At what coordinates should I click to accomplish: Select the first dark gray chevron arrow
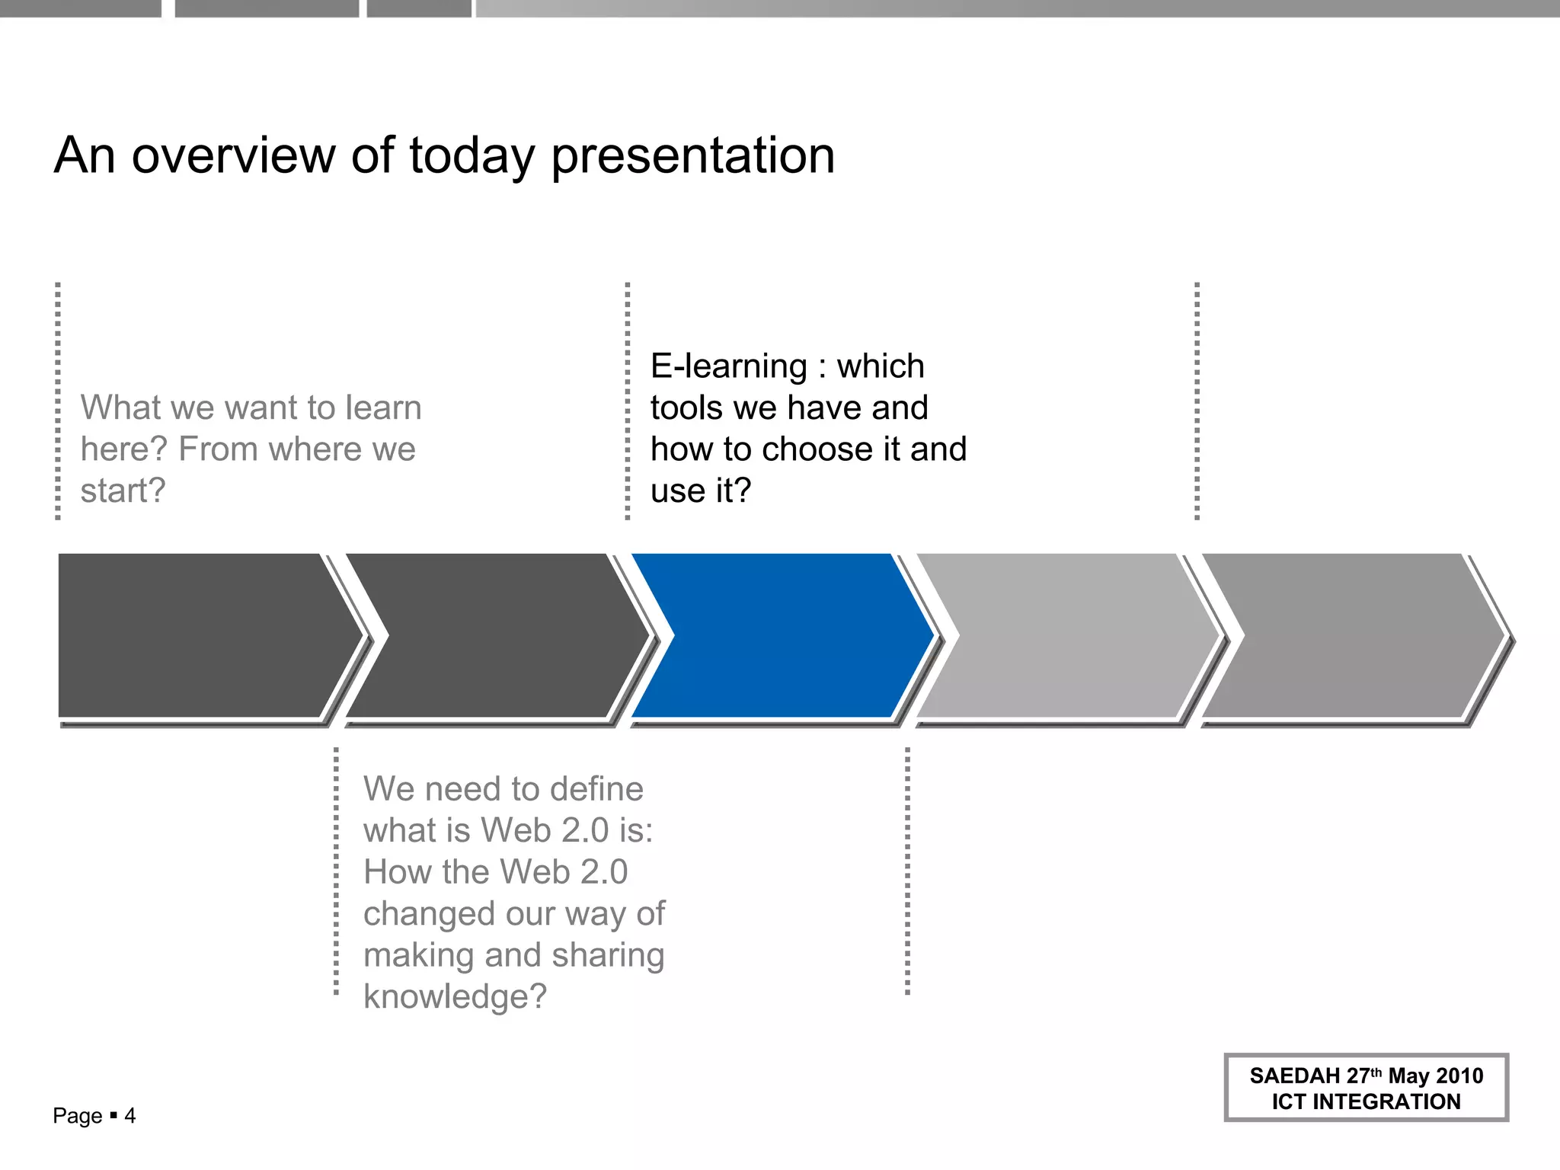pos(198,636)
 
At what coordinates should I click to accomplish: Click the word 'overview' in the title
pos(233,155)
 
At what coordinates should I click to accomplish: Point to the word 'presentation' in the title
pos(692,157)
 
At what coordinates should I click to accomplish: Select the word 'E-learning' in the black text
pos(728,366)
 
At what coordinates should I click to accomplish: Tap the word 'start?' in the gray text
pos(123,491)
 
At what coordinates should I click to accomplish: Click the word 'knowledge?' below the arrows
pos(455,996)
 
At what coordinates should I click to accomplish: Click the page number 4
pos(130,1116)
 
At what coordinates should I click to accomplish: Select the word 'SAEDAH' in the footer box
pos(1294,1076)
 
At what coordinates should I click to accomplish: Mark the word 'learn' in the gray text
pos(383,408)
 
